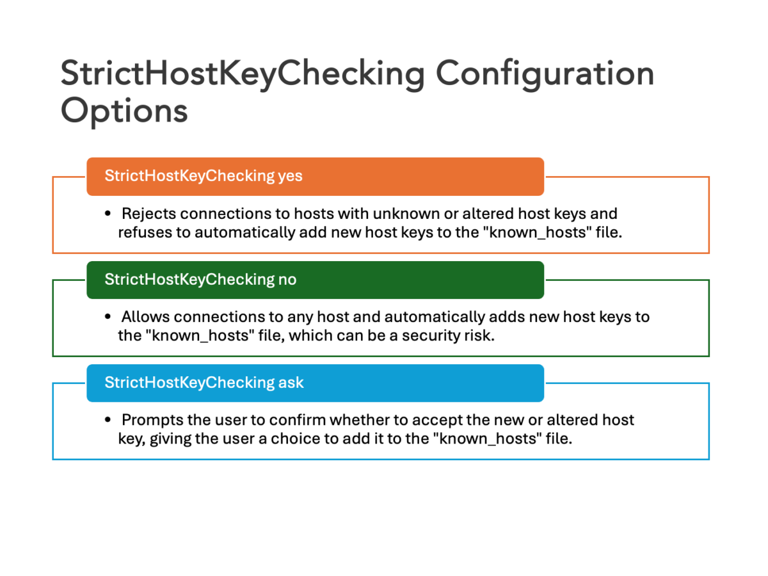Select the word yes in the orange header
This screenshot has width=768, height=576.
click(290, 176)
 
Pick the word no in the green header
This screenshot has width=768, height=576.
click(287, 280)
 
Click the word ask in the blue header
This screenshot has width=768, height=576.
click(291, 383)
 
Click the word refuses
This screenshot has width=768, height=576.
click(145, 232)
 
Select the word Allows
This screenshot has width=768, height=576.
click(146, 317)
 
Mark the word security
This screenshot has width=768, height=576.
click(427, 335)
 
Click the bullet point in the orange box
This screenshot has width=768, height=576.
click(108, 213)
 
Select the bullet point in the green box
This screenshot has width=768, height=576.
click(108, 317)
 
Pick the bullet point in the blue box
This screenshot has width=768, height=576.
click(108, 420)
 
